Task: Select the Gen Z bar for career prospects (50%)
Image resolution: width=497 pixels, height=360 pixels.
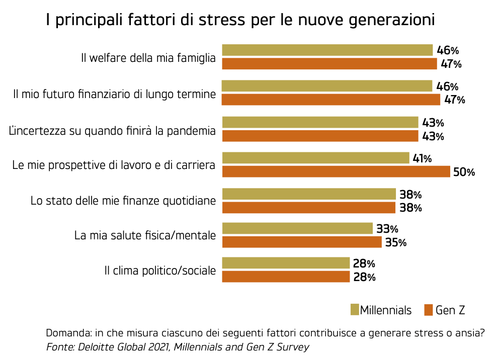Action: tap(336, 171)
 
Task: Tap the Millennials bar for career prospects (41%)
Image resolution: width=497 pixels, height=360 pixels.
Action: tap(315, 158)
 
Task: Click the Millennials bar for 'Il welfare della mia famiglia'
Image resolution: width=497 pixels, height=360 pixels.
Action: tap(327, 50)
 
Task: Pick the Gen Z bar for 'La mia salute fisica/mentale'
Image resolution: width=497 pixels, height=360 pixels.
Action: tap(301, 242)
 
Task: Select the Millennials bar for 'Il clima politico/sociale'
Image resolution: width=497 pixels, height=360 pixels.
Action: tap(285, 263)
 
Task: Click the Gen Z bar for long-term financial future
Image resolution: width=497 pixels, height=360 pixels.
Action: tap(330, 100)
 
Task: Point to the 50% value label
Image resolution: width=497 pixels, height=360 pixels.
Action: tap(464, 172)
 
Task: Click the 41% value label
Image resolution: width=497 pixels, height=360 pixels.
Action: tap(422, 158)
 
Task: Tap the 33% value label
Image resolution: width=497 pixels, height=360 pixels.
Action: tap(387, 229)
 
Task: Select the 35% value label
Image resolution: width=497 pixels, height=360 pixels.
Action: tap(395, 242)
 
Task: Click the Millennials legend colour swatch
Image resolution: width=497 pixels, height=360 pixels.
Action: tap(355, 310)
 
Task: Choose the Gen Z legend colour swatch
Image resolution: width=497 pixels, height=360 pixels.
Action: tap(429, 310)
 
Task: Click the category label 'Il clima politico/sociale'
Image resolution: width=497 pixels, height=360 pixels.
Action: tap(160, 271)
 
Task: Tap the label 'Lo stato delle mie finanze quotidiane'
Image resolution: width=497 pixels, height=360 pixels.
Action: tap(123, 201)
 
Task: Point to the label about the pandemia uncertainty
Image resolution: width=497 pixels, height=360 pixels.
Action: tap(113, 131)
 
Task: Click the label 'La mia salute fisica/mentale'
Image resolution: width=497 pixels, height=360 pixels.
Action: tap(145, 235)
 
